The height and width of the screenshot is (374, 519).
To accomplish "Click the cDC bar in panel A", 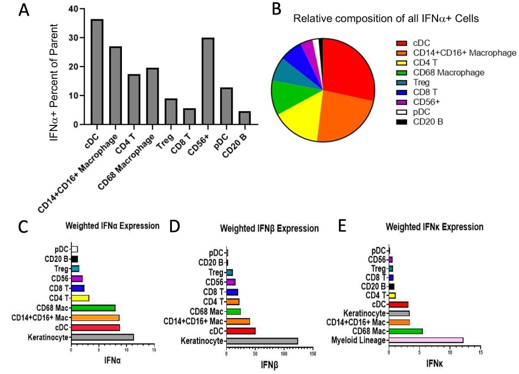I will point(97,72).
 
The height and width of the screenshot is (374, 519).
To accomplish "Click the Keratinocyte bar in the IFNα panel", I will point(103,337).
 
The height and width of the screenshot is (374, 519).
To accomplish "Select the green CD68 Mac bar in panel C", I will point(93,307).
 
